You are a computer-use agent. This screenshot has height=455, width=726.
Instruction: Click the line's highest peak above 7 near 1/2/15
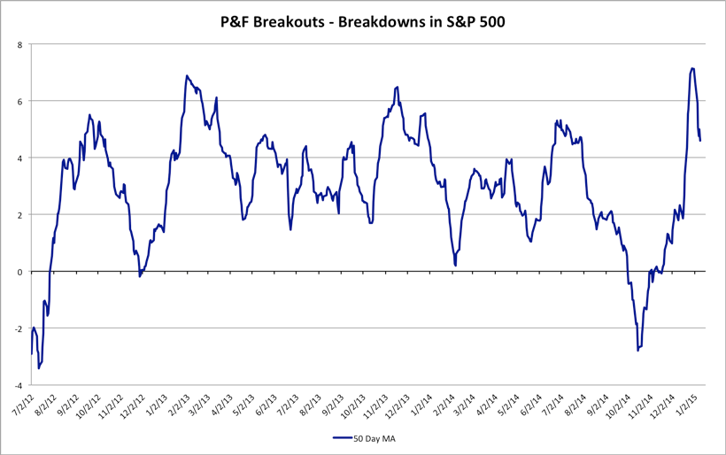pyautogui.click(x=692, y=68)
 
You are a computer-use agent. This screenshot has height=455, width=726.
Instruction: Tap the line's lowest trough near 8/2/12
pyautogui.click(x=39, y=368)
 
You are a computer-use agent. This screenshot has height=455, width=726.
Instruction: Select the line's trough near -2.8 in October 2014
pyautogui.click(x=637, y=351)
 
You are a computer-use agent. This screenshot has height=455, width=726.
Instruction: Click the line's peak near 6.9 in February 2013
pyautogui.click(x=187, y=76)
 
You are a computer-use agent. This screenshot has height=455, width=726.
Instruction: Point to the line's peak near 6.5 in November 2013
pyautogui.click(x=397, y=87)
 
